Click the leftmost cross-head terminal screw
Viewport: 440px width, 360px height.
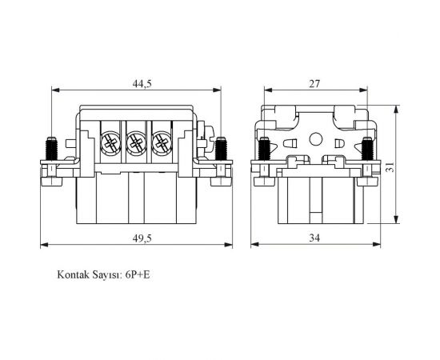pyautogui.click(x=110, y=144)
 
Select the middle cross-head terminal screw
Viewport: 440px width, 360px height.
pyautogui.click(x=136, y=144)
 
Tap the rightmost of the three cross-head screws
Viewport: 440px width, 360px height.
pyautogui.click(x=162, y=144)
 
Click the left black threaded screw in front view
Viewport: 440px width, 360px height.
pyautogui.click(x=51, y=149)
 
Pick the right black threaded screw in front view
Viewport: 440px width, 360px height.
pyautogui.click(x=222, y=149)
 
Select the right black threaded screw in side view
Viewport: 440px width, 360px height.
pyautogui.click(x=367, y=149)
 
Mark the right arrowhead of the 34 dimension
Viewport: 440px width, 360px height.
pyautogui.click(x=374, y=245)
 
